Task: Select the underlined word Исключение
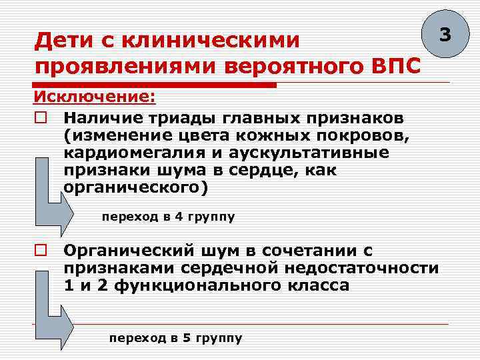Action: point(94,97)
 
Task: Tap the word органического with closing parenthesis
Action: point(136,187)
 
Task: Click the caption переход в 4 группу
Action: point(168,217)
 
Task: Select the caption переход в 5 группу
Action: point(175,338)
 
